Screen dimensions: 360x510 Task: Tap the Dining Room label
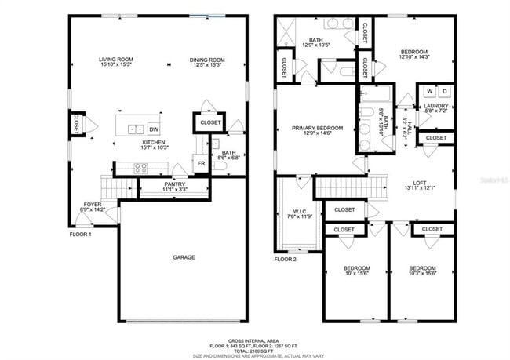click(207, 60)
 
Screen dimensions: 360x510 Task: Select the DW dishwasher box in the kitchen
click(155, 129)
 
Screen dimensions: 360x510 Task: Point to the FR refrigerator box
click(202, 163)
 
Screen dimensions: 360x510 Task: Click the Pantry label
click(174, 184)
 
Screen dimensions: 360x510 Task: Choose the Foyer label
click(93, 205)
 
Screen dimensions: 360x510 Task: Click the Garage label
click(184, 257)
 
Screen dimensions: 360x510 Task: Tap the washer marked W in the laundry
click(428, 91)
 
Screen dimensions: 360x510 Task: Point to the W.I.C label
click(300, 211)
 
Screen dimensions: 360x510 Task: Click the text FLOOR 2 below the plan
click(286, 259)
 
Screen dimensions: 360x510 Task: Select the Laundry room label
click(435, 106)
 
